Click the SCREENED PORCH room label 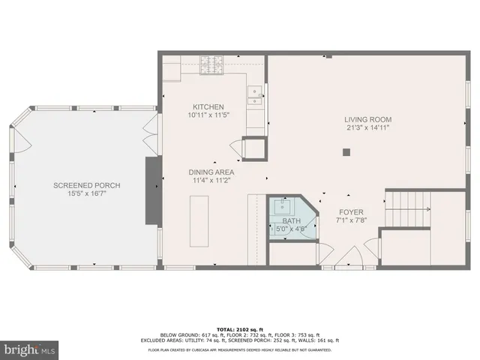tap(87, 185)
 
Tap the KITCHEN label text tap(208, 107)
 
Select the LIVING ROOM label tap(367, 119)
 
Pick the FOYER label tap(350, 212)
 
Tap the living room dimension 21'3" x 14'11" tap(367, 127)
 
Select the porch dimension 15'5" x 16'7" tap(87, 193)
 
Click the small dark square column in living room tap(346, 152)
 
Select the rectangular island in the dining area tap(199, 220)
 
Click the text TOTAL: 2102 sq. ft tap(239, 328)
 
